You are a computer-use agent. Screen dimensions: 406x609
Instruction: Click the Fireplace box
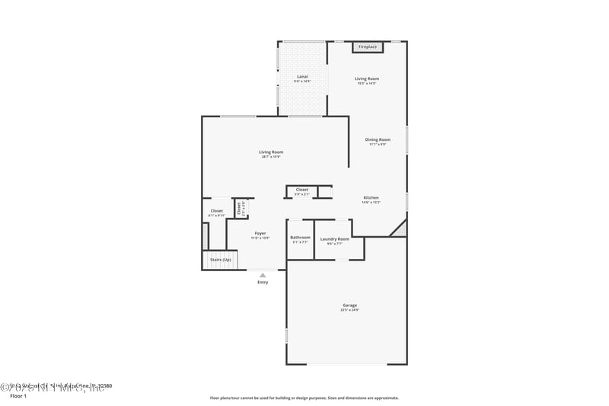pos(368,47)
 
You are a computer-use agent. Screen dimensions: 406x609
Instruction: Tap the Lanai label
pos(302,76)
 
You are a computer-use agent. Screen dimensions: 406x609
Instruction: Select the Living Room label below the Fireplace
pos(367,78)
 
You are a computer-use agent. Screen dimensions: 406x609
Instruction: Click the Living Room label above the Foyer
pos(271,152)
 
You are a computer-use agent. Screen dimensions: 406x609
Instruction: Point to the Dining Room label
pos(378,139)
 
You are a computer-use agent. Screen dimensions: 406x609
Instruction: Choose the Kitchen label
pos(370,197)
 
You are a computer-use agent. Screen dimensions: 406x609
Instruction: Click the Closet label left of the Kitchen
pos(302,189)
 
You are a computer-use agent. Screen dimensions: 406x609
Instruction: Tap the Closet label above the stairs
pos(216,211)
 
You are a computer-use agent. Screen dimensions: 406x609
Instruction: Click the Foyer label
pos(260,234)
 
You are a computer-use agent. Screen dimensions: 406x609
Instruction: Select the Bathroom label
pos(300,238)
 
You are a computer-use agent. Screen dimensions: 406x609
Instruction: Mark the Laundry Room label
pos(334,238)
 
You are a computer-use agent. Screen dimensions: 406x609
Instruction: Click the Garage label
pos(349,305)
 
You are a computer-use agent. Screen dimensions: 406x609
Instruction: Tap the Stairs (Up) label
pos(221,260)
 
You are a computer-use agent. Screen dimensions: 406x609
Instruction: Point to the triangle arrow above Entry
pos(263,275)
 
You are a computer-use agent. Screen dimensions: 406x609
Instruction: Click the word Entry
pos(263,282)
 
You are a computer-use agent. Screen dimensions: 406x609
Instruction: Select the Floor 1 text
pos(18,396)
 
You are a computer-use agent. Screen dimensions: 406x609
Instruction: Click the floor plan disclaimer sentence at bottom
pos(304,398)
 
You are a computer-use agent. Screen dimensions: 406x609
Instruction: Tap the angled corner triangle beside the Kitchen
pos(398,229)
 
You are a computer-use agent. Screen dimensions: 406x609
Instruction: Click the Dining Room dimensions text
pos(378,144)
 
